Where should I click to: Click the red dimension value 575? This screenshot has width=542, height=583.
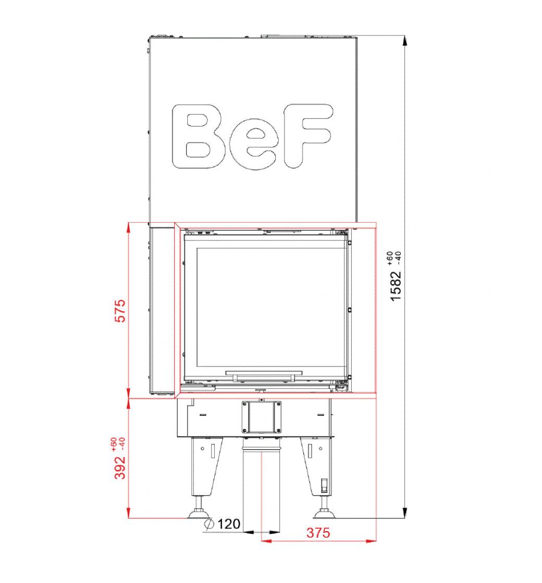120,310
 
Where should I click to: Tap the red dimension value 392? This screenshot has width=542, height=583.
120,467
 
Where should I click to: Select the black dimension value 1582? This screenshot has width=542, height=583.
396,286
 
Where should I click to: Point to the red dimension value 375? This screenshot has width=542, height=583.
318,533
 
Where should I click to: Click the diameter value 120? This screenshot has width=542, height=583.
229,524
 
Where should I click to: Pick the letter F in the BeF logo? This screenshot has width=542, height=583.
307,136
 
